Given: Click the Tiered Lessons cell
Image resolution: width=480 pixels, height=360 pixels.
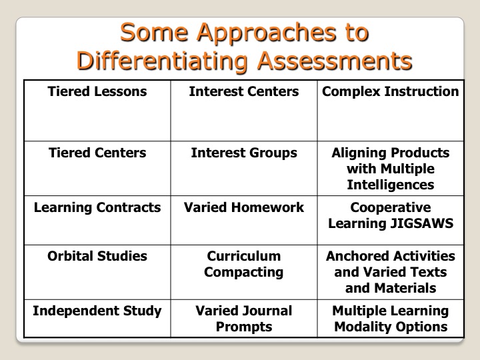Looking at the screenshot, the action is tap(97, 111).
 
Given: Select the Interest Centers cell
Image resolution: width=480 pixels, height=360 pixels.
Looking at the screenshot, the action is tap(244, 111).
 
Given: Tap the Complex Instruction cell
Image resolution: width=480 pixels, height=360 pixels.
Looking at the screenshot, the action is tap(391, 111).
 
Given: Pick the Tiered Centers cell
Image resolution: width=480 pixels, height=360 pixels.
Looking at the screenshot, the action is tap(97, 169).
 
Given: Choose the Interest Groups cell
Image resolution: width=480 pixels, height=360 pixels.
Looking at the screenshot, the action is tap(244, 169).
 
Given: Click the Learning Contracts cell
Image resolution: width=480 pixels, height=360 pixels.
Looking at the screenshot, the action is tap(97, 221).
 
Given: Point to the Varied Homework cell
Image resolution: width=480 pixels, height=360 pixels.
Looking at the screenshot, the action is tap(244, 221).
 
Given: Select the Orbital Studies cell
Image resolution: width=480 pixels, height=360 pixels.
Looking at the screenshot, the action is tap(97, 272).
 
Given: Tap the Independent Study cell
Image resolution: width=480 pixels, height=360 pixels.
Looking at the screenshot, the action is tap(97, 319).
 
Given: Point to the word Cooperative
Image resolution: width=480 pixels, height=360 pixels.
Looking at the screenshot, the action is tap(391, 207).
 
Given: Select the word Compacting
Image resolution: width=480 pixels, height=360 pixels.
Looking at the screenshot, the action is tap(244, 273).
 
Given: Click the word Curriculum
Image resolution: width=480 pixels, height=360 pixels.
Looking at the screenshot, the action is tap(244, 256).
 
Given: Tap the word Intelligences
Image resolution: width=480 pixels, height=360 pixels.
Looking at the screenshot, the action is tap(391, 185).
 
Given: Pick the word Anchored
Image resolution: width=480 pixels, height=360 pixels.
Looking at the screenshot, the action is tap(357, 256).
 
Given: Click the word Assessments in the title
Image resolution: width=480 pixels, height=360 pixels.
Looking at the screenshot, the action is tap(335, 61).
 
